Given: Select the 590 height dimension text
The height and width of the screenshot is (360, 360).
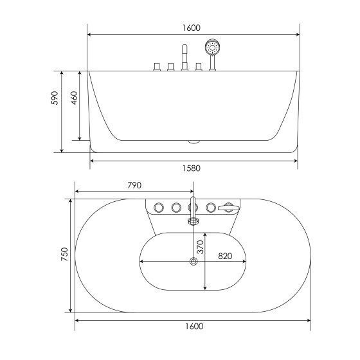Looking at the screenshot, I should click(55, 98).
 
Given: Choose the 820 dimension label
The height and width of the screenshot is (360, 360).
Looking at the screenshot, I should click(225, 256).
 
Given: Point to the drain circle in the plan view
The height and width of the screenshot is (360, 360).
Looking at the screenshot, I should click(192, 261).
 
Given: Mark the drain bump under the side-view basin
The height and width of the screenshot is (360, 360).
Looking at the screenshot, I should click(194, 140).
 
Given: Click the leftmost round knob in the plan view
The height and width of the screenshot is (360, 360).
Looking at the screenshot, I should click(157, 207).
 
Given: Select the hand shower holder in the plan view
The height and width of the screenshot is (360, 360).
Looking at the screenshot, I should click(226, 207).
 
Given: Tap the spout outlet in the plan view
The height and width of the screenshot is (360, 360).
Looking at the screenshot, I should click(192, 221).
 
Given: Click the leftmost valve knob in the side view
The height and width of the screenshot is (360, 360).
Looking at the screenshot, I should click(156, 67).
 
